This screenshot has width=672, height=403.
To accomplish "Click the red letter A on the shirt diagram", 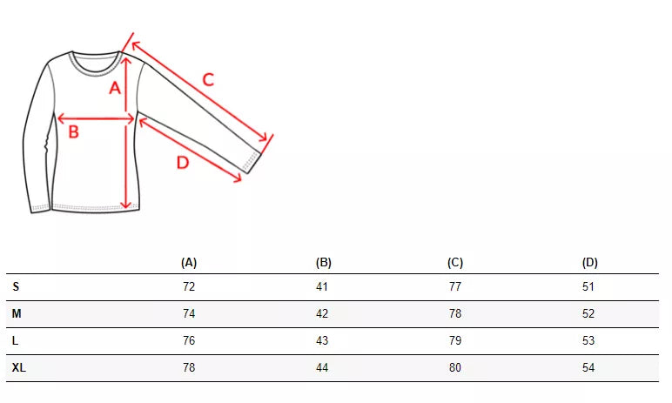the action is tap(115, 88).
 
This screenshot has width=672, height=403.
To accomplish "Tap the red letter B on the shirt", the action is tap(74, 131).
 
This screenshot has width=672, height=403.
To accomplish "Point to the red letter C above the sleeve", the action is tap(208, 80).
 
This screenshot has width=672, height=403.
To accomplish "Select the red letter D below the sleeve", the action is tap(183, 163).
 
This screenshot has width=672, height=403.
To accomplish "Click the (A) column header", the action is tap(189, 262).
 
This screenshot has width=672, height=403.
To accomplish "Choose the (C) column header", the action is tap(455, 262).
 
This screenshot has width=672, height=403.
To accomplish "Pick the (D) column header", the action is tap(589, 262).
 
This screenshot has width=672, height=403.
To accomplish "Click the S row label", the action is tap(16, 286).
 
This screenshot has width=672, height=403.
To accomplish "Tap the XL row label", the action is tap(19, 367).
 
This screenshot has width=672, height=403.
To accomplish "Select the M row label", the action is tap(17, 313).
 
